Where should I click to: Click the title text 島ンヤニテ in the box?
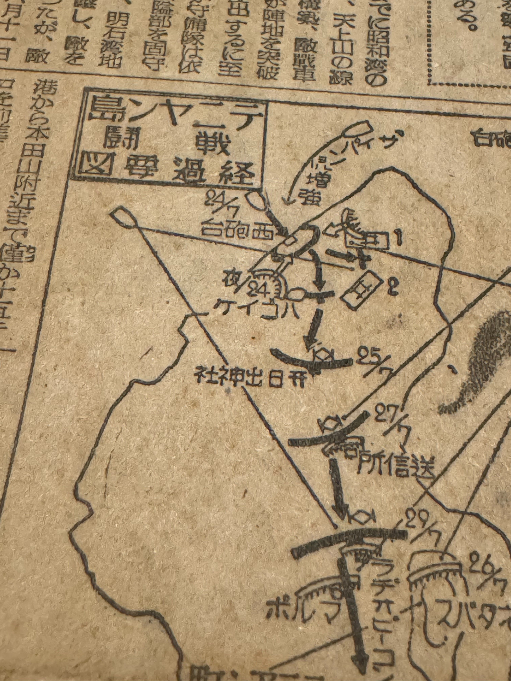click(x=176, y=115)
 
